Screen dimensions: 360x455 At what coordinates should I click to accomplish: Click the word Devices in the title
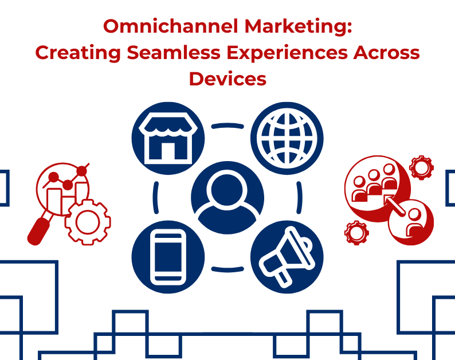click(227, 79)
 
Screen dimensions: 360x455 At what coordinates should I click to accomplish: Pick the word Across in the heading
click(387, 53)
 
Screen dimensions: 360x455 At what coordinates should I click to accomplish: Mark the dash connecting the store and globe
click(227, 125)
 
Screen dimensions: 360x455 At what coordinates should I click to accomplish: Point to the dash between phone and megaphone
click(227, 269)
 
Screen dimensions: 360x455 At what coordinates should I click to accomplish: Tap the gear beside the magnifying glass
click(87, 222)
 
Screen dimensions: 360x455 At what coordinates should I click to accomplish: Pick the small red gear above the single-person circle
click(422, 168)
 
